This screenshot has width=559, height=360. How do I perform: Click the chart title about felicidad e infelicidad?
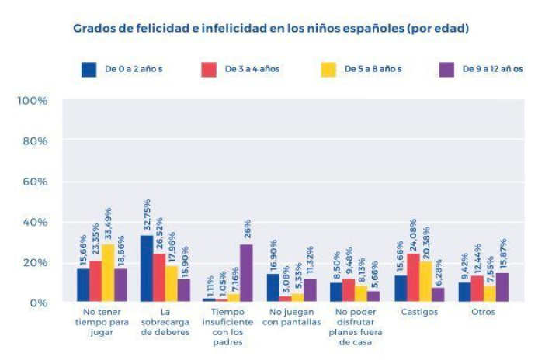click(271, 29)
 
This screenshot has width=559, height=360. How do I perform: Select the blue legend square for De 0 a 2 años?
click(89, 69)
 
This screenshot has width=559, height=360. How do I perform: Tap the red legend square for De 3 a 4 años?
click(209, 69)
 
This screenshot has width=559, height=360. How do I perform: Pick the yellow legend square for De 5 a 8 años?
click(328, 69)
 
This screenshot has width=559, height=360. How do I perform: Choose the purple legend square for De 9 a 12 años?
click(447, 69)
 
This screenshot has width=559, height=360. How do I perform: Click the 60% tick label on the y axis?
click(34, 182)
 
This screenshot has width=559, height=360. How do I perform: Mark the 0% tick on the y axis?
click(37, 303)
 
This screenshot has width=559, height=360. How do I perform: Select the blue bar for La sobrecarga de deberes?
click(146, 268)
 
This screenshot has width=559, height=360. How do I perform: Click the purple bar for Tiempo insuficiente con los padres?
click(247, 273)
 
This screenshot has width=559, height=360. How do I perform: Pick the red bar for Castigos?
click(413, 278)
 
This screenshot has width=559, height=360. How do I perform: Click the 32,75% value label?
click(147, 214)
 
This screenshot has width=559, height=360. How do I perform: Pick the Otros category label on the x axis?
click(483, 313)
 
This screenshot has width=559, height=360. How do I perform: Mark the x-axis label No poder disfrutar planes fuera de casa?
click(356, 326)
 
